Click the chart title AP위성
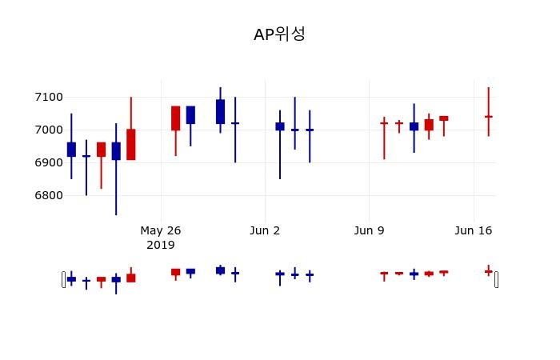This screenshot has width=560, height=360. [279, 34]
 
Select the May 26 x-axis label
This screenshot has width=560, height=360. [161, 230]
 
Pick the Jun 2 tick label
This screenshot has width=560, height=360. [265, 230]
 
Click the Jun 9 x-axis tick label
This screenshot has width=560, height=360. [369, 230]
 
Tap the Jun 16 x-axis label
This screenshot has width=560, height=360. [473, 230]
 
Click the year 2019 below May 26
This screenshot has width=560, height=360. [161, 245]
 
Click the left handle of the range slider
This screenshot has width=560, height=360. [64, 279]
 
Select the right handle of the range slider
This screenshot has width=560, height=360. [497, 279]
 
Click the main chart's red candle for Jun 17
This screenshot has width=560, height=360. [488, 116]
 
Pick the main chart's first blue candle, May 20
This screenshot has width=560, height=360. [71, 149]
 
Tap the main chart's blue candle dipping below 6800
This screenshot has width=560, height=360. [116, 151]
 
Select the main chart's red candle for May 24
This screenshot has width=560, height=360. [131, 144]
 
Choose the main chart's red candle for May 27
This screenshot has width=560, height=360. [175, 118]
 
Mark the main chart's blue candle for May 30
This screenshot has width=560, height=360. [220, 111]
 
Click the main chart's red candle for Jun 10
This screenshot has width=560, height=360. [384, 123]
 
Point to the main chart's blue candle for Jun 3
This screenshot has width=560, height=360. [280, 126]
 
